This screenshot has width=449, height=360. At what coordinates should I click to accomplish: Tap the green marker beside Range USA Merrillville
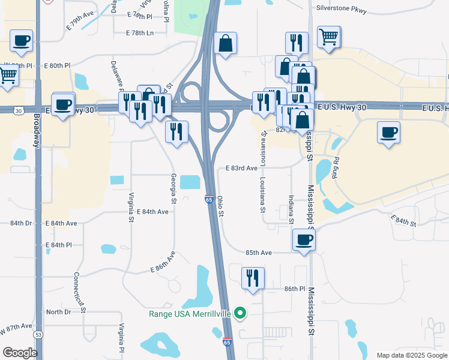tap(240, 313)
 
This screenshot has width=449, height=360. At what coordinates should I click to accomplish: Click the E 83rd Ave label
tap(241, 169)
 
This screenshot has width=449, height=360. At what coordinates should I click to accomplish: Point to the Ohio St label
tap(220, 205)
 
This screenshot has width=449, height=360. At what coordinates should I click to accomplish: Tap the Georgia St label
tap(173, 188)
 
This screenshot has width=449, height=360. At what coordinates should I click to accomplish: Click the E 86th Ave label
tap(163, 262)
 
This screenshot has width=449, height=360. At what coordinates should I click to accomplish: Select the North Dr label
tap(58, 312)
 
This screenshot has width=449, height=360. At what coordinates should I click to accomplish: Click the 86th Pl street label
tap(295, 289)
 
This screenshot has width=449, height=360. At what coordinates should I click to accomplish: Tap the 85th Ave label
tap(259, 253)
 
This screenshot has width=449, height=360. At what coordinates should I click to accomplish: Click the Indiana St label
tap(291, 210)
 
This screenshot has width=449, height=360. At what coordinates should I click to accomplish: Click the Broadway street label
tap(37, 130)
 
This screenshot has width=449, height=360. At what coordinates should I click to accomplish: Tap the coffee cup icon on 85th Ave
tap(304, 240)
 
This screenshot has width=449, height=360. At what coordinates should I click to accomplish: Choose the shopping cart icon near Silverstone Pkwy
tap(329, 37)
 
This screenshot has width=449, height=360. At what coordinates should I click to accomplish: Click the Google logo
tap(20, 353)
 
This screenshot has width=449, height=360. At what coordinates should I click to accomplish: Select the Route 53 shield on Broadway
tap(39, 334)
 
